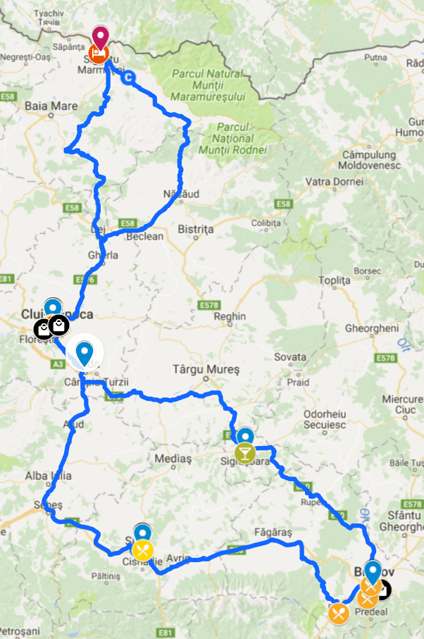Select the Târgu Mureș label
tap(206, 369)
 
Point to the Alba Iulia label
tap(48, 476)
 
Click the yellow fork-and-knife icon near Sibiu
tap(143, 549)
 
